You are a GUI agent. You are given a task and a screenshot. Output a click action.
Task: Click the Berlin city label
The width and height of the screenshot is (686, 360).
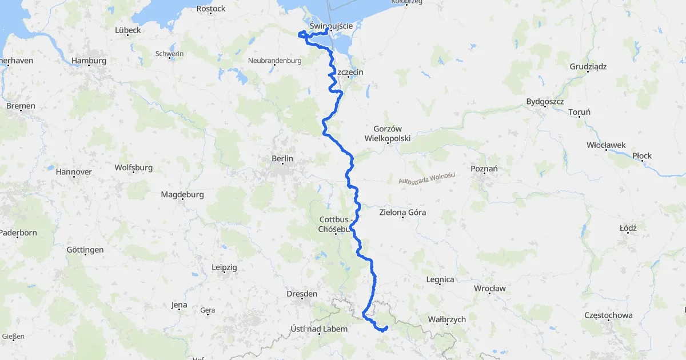282,159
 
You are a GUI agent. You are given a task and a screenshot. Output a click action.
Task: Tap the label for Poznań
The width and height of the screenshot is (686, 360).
484,169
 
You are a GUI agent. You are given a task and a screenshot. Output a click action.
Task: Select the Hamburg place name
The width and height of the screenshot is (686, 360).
89,61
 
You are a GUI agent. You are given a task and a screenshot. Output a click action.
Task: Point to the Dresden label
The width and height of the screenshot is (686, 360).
302,294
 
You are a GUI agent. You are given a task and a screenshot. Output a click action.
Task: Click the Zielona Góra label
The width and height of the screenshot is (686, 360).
402,213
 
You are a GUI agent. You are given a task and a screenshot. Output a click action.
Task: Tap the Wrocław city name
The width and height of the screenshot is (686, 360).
489,288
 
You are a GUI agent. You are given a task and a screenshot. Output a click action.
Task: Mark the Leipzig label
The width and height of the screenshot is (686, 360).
224,267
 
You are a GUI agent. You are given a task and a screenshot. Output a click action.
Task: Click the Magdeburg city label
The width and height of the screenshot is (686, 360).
182,194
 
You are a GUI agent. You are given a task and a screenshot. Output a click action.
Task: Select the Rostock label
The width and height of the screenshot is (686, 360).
211,9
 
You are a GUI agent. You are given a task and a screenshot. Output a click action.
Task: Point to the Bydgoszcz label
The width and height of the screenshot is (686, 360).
545,102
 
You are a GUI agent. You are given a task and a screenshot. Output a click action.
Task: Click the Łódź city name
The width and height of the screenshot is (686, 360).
628,227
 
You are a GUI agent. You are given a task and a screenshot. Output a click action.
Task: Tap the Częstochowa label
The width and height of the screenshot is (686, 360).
608,315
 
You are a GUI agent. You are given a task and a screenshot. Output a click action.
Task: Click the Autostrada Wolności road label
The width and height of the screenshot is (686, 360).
426,178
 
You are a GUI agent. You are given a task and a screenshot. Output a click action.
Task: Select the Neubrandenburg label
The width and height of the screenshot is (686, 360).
274,61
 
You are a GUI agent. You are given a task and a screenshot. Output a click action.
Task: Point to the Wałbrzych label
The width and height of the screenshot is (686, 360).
446,319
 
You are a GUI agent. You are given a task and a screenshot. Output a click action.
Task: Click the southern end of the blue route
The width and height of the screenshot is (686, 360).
387,327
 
